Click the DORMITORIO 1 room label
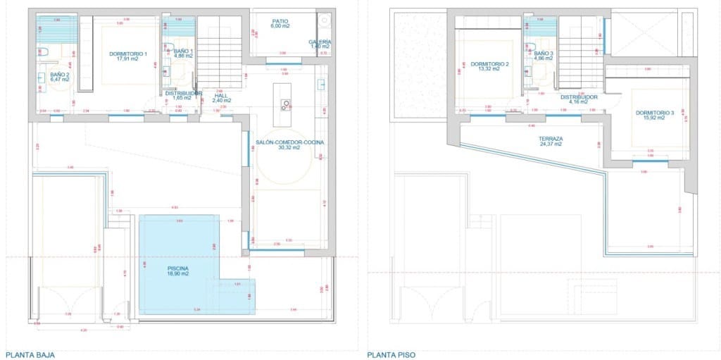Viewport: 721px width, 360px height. pyautogui.click(x=127, y=54)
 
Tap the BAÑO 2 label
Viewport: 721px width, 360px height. pyautogui.click(x=60, y=74)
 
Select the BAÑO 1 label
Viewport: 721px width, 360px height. pyautogui.click(x=183, y=51)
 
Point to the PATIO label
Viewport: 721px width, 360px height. pyautogui.click(x=280, y=21)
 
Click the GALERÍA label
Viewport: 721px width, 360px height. pyautogui.click(x=320, y=42)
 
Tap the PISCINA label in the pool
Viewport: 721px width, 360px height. pyautogui.click(x=178, y=268)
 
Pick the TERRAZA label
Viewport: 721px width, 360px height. pyautogui.click(x=552, y=139)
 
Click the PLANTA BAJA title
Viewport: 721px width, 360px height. pyautogui.click(x=30, y=355)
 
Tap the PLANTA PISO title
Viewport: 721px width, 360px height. pyautogui.click(x=391, y=355)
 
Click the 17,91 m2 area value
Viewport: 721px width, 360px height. pyautogui.click(x=127, y=59)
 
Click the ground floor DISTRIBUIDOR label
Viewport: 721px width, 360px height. pyautogui.click(x=184, y=93)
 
